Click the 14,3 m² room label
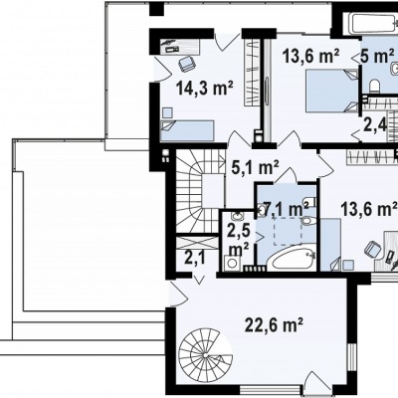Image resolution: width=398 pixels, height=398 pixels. click(x=205, y=89)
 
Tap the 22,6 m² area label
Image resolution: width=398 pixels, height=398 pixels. click(x=274, y=324)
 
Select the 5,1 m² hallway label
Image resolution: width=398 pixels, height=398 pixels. click(x=255, y=167)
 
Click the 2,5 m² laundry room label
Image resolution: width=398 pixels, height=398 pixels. click(x=238, y=240)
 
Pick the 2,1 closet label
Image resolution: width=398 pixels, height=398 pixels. click(x=194, y=258)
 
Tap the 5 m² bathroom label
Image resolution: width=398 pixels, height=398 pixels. click(x=377, y=56)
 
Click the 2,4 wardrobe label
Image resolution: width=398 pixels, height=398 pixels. click(x=375, y=125)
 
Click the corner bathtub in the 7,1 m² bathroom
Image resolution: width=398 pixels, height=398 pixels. click(x=291, y=259)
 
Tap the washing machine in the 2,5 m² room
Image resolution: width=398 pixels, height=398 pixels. click(x=231, y=263)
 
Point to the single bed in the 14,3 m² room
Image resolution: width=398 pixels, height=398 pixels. click(x=187, y=130)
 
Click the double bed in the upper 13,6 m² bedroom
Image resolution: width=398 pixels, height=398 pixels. click(x=332, y=91)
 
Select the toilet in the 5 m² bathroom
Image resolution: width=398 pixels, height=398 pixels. click(x=374, y=86)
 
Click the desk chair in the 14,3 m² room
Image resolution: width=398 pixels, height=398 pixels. click(x=186, y=63)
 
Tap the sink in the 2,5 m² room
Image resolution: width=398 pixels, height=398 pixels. click(x=237, y=216)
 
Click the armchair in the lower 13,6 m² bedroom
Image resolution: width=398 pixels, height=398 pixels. click(x=373, y=249)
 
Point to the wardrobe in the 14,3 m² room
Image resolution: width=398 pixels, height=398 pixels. click(x=252, y=73)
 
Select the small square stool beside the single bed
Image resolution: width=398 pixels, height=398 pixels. click(x=167, y=112)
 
